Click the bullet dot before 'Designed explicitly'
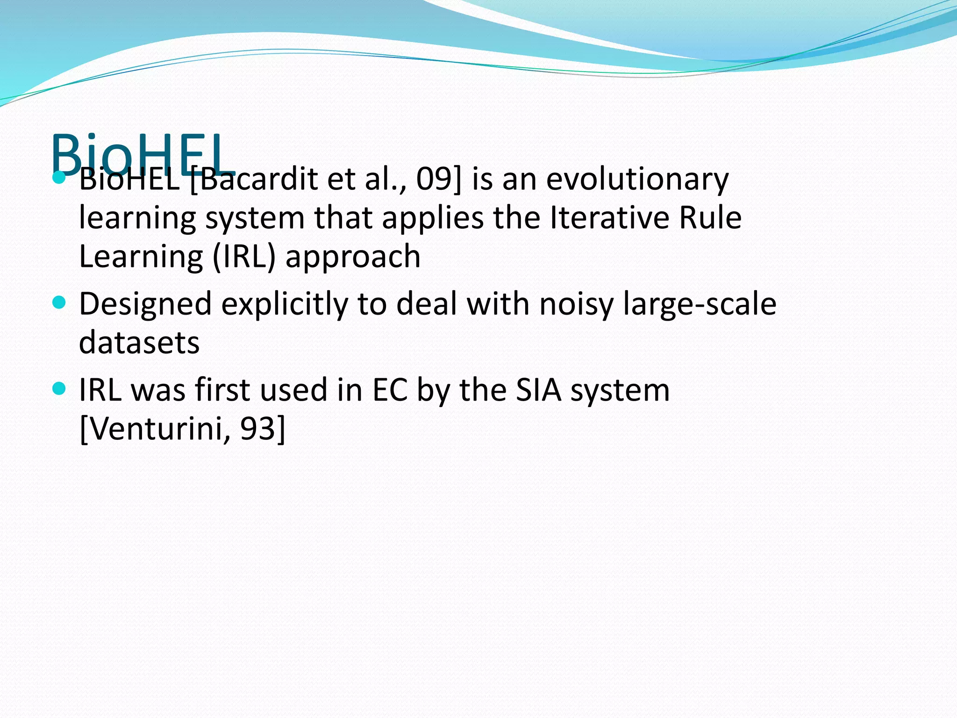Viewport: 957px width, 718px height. (x=59, y=303)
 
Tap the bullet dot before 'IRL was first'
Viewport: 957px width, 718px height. (x=59, y=388)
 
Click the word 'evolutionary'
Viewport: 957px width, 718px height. (x=637, y=179)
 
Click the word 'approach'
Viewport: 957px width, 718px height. (x=353, y=258)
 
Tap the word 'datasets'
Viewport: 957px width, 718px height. (x=139, y=343)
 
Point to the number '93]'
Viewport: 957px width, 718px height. (x=262, y=429)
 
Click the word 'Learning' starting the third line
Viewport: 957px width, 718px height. (x=141, y=258)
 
